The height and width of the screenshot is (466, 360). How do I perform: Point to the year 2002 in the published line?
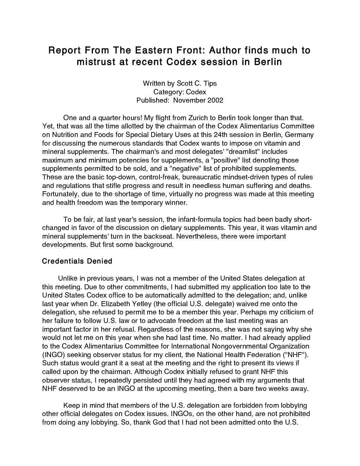click(x=215, y=100)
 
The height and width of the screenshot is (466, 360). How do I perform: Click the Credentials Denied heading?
click(x=77, y=261)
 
